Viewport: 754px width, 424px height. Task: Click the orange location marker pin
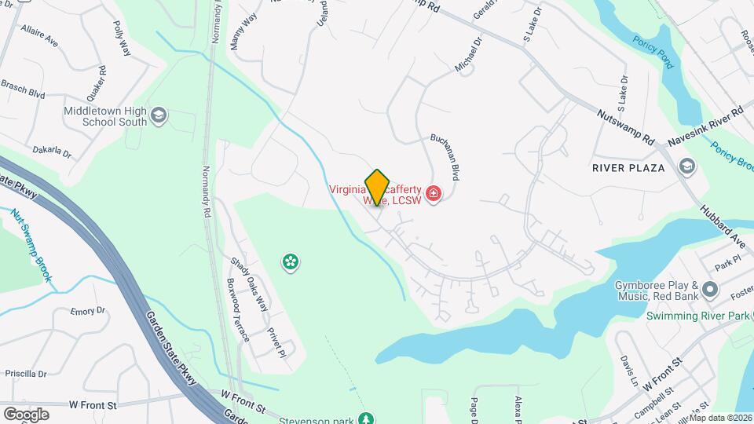377,188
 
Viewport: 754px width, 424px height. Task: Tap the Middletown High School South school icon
159,116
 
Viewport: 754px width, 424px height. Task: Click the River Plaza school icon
687,167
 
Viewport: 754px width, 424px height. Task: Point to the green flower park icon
291,261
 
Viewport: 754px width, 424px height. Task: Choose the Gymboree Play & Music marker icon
710,290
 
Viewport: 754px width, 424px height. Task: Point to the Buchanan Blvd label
444,157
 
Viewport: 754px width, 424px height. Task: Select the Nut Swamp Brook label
31,244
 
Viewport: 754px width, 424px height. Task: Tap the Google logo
26,414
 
